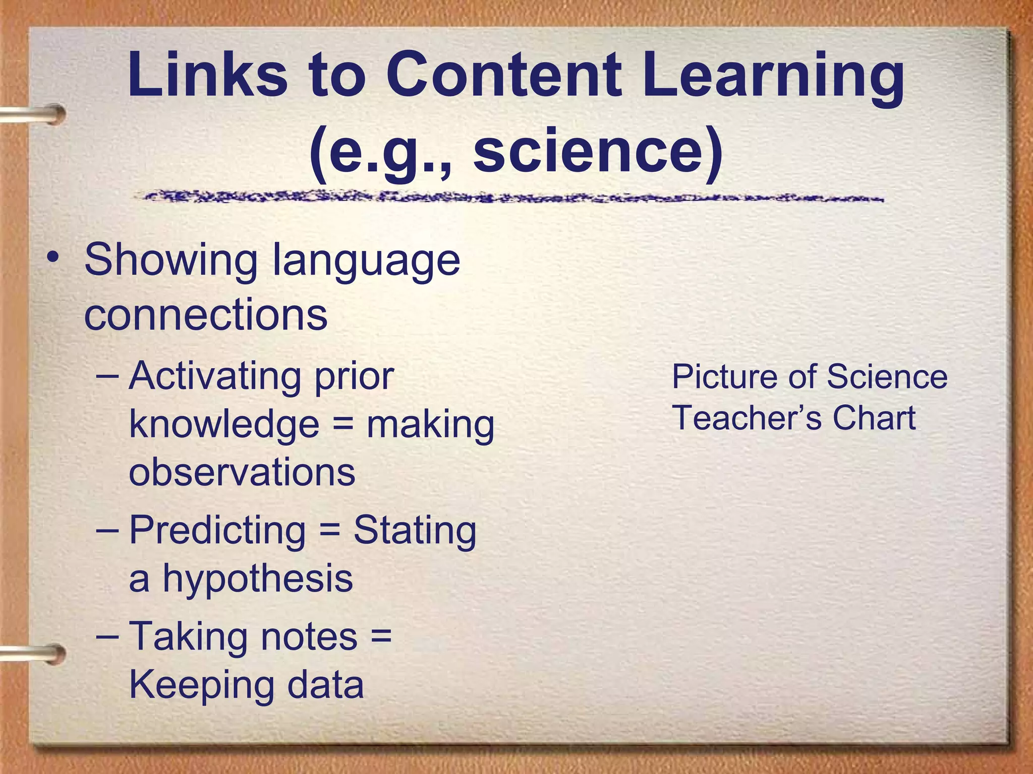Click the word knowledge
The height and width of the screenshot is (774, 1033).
coord(224,424)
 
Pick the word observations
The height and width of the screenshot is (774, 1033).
coord(242,472)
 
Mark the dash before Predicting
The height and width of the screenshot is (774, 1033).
coord(107,531)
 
